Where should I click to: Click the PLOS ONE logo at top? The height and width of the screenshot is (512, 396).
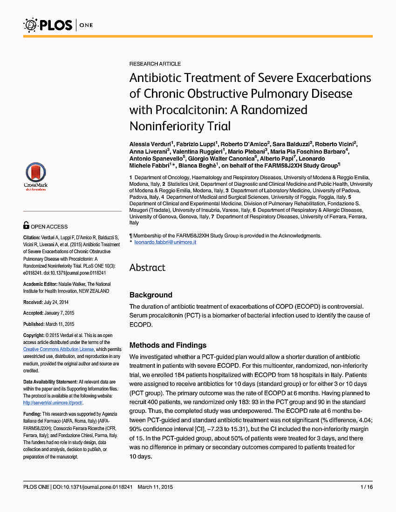click(58, 24)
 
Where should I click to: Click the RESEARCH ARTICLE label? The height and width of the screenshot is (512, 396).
click(155, 64)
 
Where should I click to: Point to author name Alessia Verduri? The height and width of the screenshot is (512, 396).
click(150, 143)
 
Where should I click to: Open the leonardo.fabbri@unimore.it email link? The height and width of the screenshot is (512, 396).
click(165, 243)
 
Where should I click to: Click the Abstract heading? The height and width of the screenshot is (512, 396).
click(147, 268)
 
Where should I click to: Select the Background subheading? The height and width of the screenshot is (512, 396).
click(150, 295)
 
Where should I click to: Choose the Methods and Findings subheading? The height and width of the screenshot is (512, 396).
click(168, 345)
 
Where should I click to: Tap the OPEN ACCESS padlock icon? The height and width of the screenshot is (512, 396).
click(27, 226)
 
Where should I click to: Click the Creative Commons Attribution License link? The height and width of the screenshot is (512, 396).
click(59, 349)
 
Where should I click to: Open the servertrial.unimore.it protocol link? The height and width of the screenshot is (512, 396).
click(53, 403)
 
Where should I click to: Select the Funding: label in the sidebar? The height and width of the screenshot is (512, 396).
click(32, 414)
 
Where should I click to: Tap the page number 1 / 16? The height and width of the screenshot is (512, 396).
click(366, 487)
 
